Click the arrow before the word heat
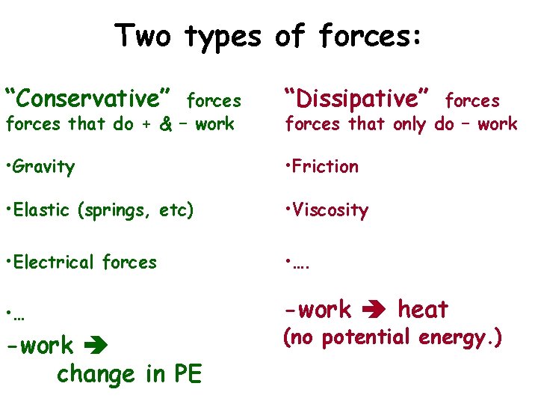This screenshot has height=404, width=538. pos(374,310)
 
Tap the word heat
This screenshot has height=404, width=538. pos(423,309)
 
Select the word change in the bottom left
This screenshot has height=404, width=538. pos(94,373)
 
